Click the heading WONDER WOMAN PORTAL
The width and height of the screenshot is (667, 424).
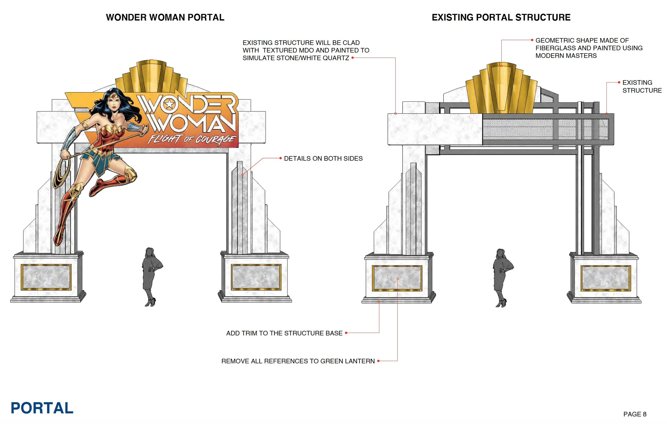pos(165,17)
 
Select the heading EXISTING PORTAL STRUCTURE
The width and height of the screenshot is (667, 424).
pos(501,17)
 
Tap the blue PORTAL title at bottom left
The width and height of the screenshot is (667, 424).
pos(42,408)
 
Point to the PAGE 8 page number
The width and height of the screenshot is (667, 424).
pos(635,414)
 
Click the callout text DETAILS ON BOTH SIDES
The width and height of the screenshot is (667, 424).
pos(323,158)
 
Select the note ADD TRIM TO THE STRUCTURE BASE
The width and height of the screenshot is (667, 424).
pos(284,333)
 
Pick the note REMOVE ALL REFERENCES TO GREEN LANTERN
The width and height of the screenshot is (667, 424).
pos(298,361)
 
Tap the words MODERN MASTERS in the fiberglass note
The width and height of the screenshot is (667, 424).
pos(566,56)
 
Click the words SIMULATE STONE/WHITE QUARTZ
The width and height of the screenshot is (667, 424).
pos(296,58)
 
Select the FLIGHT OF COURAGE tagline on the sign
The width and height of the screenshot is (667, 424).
pos(191,139)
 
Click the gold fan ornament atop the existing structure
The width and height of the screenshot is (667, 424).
pos(501,88)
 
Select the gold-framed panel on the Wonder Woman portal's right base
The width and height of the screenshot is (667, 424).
pos(256,277)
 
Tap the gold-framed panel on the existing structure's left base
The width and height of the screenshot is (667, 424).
pos(397,278)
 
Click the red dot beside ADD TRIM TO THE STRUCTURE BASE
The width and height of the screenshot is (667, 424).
pos(346,333)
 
